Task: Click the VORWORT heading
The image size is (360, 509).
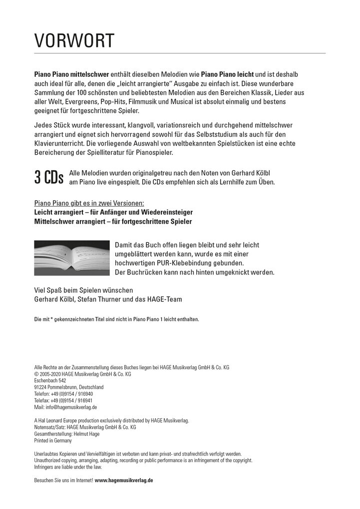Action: [x=74, y=40]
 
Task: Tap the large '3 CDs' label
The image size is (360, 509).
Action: [x=49, y=178]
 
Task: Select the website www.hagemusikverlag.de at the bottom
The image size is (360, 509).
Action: [x=124, y=480]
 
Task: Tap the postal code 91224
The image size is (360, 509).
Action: [x=40, y=387]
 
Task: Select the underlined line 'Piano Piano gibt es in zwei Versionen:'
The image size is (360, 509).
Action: [x=89, y=203]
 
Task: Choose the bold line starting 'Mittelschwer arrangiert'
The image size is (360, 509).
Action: [x=112, y=221]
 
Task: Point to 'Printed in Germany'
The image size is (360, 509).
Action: [x=53, y=441]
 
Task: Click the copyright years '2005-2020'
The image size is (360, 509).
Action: [x=51, y=374]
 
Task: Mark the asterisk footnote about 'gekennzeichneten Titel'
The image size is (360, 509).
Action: [x=116, y=319]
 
